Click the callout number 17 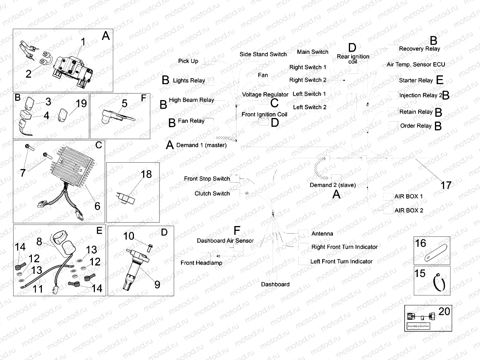tap(446, 185)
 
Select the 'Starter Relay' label tap(415, 81)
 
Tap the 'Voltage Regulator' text tap(265, 94)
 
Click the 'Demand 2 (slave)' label tap(332, 185)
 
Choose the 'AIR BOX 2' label tap(409, 210)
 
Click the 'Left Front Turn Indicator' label tap(342, 262)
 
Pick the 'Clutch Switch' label tap(212, 194)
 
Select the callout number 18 tap(146, 174)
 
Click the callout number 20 tap(444, 311)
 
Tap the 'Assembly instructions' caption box tap(418, 326)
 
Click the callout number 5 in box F tap(124, 104)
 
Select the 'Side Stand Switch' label tap(263, 54)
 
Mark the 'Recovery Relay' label tap(419, 49)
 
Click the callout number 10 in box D tap(128, 236)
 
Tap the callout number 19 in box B tap(81, 104)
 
